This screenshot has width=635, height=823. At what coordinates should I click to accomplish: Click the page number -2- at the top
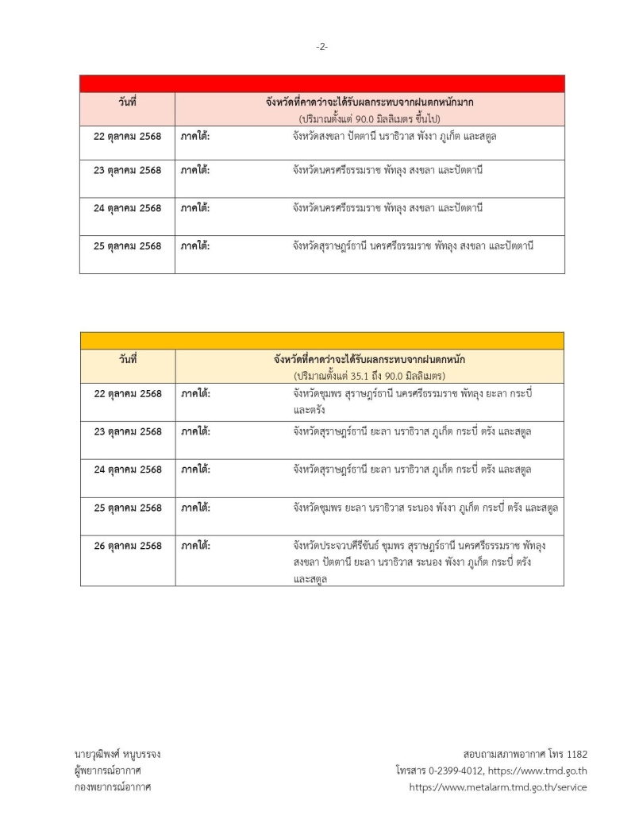(x=321, y=47)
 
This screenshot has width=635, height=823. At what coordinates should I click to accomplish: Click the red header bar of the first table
(x=321, y=83)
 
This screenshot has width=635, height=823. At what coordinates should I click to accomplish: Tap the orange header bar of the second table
(x=321, y=341)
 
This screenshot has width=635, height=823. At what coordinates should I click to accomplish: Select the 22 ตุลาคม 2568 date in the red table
(x=127, y=137)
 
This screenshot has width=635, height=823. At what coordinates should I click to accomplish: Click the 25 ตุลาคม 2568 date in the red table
(x=127, y=246)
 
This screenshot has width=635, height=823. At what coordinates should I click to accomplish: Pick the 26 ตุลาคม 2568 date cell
(x=127, y=547)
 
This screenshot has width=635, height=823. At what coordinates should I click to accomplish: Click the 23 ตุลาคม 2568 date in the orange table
(x=127, y=432)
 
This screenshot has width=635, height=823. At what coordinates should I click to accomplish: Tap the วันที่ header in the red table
(x=127, y=102)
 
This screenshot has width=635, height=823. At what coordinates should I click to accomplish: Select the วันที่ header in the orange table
(x=127, y=360)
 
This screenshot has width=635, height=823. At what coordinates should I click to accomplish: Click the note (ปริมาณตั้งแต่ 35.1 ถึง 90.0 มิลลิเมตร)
(x=369, y=375)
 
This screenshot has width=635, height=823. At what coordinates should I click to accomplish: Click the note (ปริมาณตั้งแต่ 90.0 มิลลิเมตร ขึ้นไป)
(x=370, y=118)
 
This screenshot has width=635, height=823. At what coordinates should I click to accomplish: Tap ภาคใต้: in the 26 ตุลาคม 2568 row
(x=195, y=547)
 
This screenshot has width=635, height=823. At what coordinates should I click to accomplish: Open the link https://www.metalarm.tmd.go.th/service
(x=498, y=787)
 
